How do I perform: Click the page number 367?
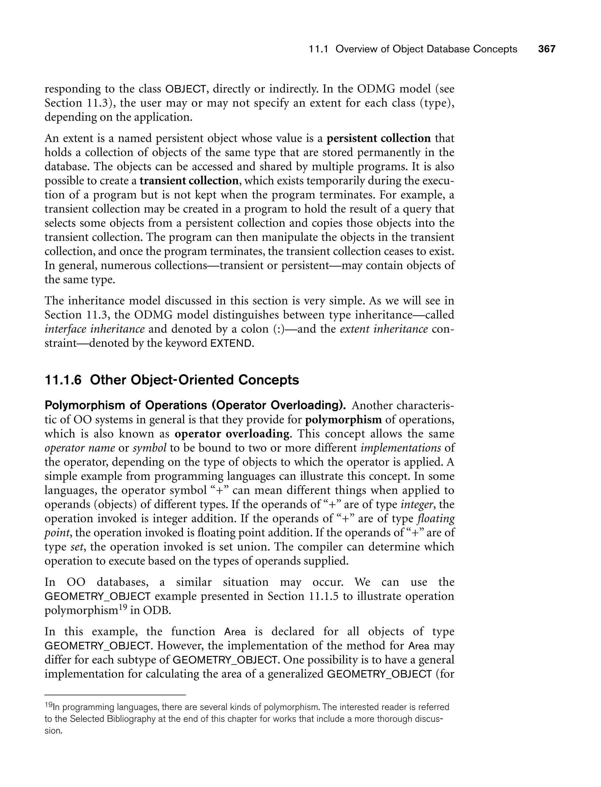[x=547, y=49]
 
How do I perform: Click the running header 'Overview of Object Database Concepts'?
[x=426, y=49]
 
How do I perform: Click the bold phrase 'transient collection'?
[x=189, y=181]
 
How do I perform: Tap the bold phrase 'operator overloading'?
[x=232, y=434]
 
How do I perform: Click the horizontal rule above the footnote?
[x=115, y=695]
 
